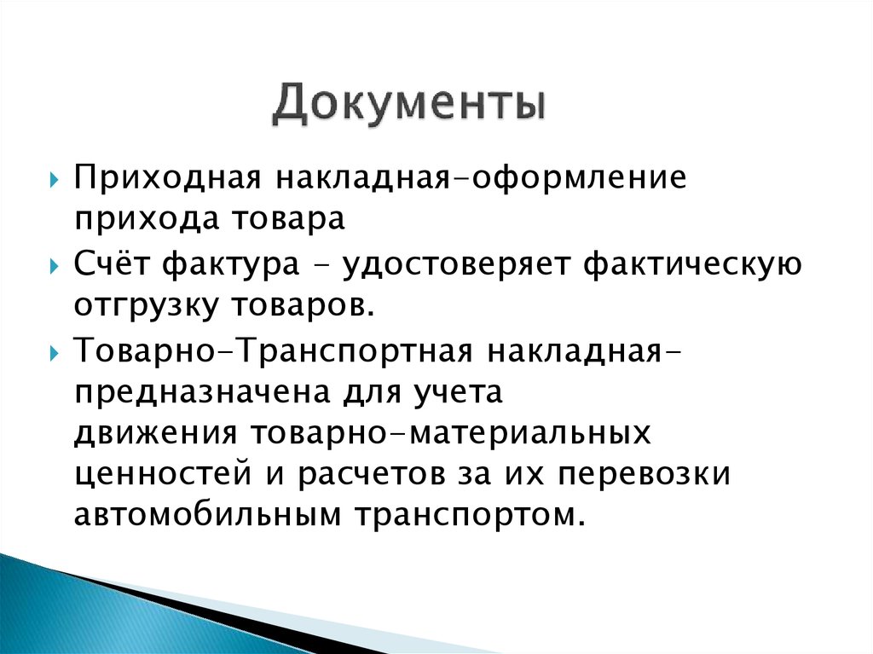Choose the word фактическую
(x=692, y=264)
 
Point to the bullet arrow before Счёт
(x=54, y=265)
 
